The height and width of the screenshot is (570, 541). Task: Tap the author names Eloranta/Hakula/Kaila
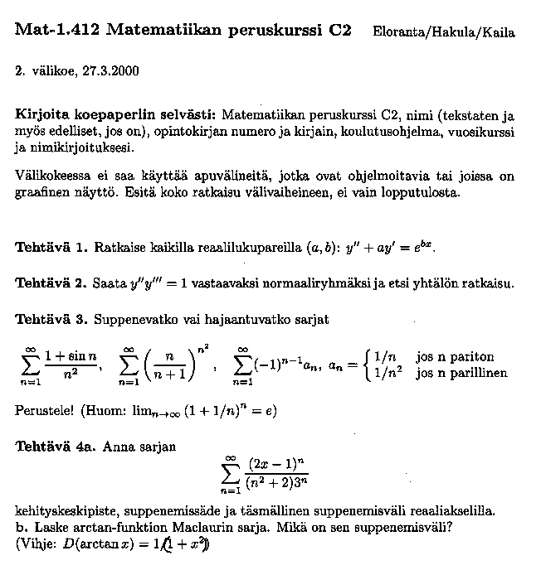click(444, 33)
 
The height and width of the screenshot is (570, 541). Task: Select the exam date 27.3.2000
click(107, 70)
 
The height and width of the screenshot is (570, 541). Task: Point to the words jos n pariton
click(456, 357)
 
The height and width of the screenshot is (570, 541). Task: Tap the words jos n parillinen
click(461, 373)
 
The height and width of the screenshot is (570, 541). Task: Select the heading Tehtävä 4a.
click(55, 446)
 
